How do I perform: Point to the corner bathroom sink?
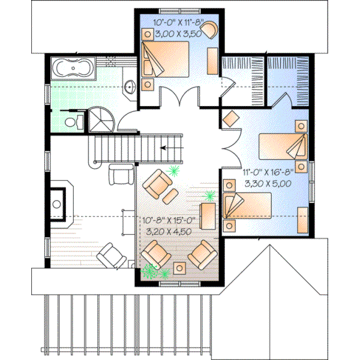click(130, 88)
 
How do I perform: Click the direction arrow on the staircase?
click(172, 147)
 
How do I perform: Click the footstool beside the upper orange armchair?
click(170, 196)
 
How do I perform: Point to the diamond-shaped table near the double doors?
click(230, 119)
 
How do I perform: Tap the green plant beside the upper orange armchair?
click(174, 172)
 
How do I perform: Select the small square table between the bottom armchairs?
click(179, 267)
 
